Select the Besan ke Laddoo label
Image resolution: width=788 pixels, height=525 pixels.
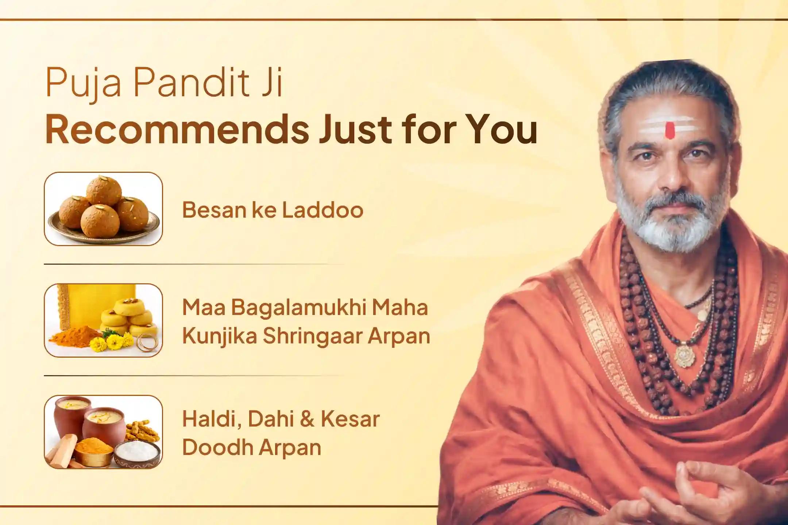tap(273, 210)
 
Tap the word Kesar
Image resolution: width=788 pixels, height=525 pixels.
tap(350, 419)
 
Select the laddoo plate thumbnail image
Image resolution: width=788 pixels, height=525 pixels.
tap(103, 209)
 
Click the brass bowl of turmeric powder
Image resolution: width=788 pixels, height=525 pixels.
tap(93, 452)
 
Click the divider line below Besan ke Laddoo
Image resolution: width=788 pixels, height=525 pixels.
tap(193, 264)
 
